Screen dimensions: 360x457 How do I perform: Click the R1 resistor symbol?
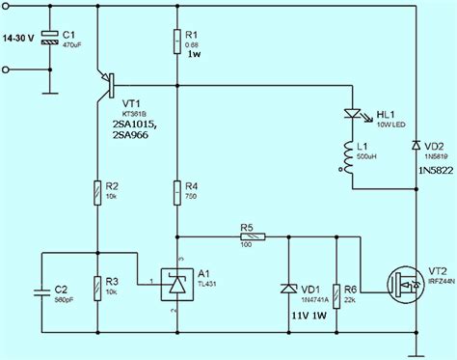(177, 42)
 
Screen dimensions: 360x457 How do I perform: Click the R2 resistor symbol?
(98, 193)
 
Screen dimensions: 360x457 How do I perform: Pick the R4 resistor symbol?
(177, 193)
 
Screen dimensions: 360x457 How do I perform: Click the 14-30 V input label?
(19, 38)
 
